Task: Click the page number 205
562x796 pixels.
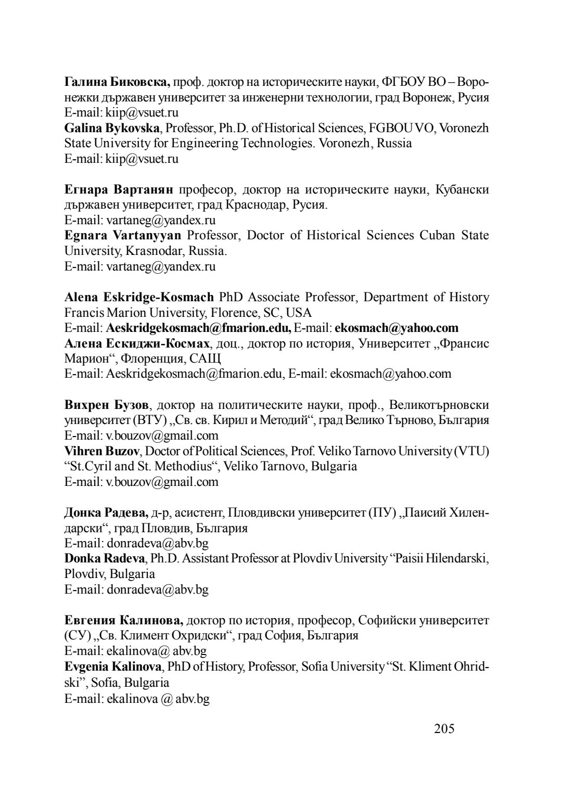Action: pos(444,728)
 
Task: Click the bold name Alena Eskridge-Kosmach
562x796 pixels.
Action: pos(139,297)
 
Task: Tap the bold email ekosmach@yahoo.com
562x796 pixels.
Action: pos(397,328)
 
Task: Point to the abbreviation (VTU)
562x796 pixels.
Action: pos(471,451)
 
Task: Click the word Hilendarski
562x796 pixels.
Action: pos(452,559)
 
